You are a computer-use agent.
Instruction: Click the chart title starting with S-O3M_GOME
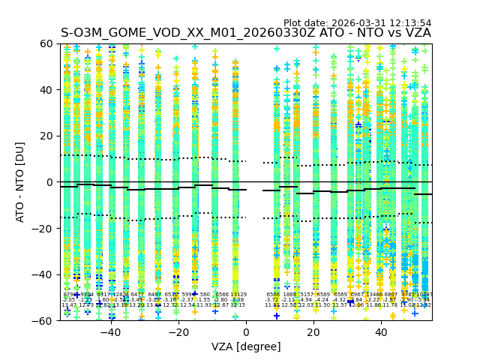point(245,33)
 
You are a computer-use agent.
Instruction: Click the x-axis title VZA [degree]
point(246,346)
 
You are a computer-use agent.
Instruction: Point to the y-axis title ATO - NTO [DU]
point(20,181)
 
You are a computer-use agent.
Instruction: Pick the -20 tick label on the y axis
point(45,228)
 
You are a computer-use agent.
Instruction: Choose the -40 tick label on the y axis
point(45,274)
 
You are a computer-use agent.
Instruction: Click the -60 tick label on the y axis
point(45,320)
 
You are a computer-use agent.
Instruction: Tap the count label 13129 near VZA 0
point(238,295)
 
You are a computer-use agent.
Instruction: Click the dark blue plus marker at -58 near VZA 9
point(277,316)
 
